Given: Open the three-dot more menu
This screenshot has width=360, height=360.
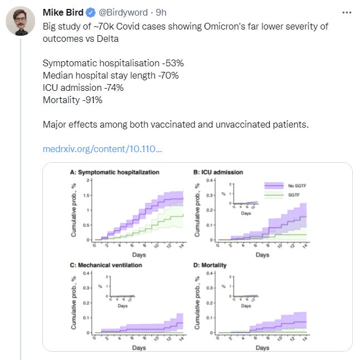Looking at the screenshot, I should click(347, 12).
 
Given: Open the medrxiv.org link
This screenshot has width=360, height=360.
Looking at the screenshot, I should click(103, 149).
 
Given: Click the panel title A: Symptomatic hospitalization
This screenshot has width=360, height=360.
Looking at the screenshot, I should click(115, 172).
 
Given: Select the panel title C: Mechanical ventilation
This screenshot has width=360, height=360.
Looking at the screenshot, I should click(106, 265).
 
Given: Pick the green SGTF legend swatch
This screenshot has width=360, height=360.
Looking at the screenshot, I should click(274, 196).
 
